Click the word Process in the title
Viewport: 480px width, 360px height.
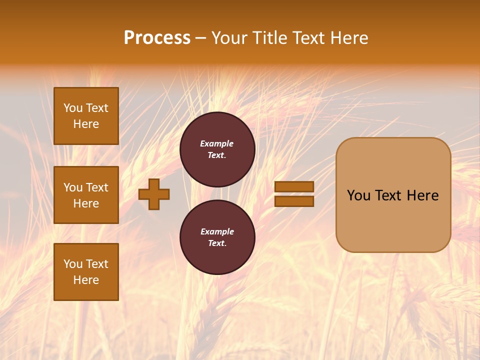[157, 38]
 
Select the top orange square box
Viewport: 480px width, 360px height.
[86, 116]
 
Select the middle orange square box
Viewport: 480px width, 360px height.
[86, 195]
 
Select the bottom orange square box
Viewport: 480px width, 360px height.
[86, 272]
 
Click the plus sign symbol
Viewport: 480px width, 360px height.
[154, 194]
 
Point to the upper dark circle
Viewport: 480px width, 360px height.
[217, 149]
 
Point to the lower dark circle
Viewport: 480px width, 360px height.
[217, 237]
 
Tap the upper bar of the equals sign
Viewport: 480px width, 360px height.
[294, 187]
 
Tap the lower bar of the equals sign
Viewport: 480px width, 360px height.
[294, 201]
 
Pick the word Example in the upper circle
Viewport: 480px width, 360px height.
[217, 144]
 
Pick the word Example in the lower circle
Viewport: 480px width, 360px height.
[217, 232]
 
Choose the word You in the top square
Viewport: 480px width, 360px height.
[72, 108]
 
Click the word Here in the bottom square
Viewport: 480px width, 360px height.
[86, 280]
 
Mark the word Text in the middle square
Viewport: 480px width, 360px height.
[97, 188]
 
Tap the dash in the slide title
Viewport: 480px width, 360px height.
[201, 38]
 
